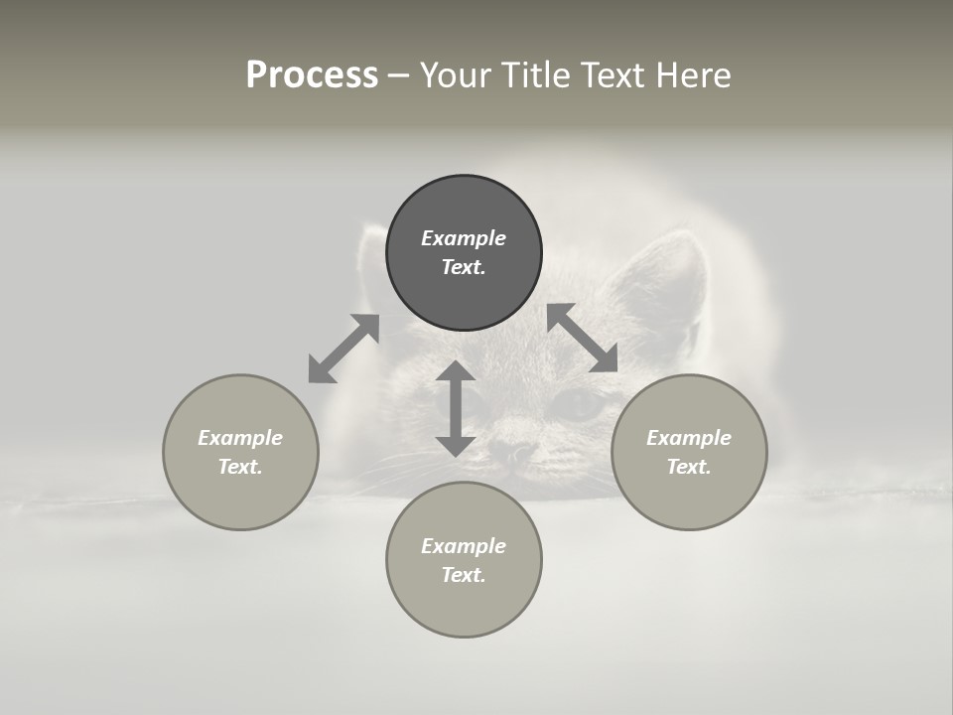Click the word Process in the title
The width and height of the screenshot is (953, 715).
tap(312, 75)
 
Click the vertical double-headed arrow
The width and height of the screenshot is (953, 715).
tap(456, 409)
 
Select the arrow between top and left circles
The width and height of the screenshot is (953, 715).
tap(343, 349)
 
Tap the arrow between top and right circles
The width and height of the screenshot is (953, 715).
tap(583, 338)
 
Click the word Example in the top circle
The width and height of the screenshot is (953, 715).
tap(464, 238)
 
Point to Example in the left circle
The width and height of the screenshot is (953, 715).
tap(240, 438)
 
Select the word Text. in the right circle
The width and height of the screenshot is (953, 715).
tap(689, 467)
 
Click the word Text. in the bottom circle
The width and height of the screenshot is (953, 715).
tap(464, 575)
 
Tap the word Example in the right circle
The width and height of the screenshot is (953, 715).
tap(689, 438)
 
